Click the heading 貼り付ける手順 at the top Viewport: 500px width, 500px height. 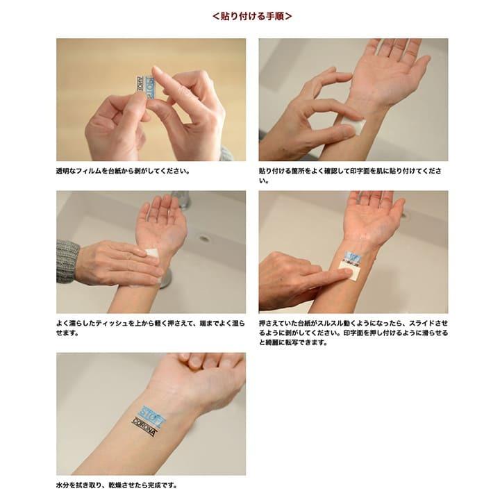point(252,16)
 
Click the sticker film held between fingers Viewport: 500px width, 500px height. point(146,87)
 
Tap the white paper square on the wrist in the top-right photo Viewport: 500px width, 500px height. point(353,126)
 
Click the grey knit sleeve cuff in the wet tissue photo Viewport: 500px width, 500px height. point(67,262)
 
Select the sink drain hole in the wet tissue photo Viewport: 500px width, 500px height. point(204,238)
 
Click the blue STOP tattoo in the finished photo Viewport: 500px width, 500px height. point(152,417)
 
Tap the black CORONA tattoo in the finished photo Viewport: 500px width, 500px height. point(144,428)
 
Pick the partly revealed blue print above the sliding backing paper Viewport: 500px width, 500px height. point(352,258)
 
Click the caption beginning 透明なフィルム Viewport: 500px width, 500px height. point(123,171)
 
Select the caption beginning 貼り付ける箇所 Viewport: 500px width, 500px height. point(350,176)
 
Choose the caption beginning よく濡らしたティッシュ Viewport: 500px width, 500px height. point(151,328)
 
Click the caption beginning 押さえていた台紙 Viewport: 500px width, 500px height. point(353,333)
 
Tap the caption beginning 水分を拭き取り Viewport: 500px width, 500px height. point(117,485)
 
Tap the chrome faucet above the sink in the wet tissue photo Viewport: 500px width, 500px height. point(182,199)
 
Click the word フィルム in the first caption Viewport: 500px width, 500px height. point(89,171)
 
